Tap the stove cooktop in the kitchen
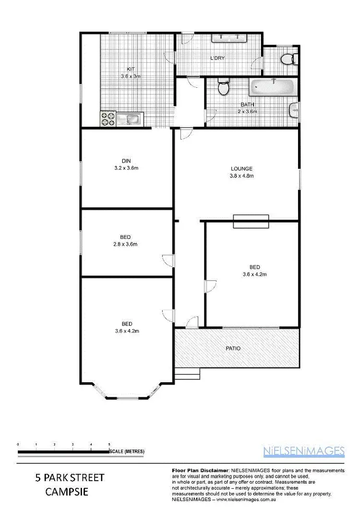(x=108, y=118)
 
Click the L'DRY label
(x=217, y=59)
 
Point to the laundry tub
(x=228, y=37)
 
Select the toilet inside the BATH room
(x=223, y=87)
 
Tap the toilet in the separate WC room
(x=288, y=59)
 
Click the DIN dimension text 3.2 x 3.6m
(x=126, y=168)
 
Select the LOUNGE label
(x=241, y=169)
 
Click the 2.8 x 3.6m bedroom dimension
(x=126, y=244)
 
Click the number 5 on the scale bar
(x=109, y=445)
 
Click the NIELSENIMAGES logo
(x=304, y=450)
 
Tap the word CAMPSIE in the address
(x=69, y=492)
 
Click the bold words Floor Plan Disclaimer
(x=200, y=470)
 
